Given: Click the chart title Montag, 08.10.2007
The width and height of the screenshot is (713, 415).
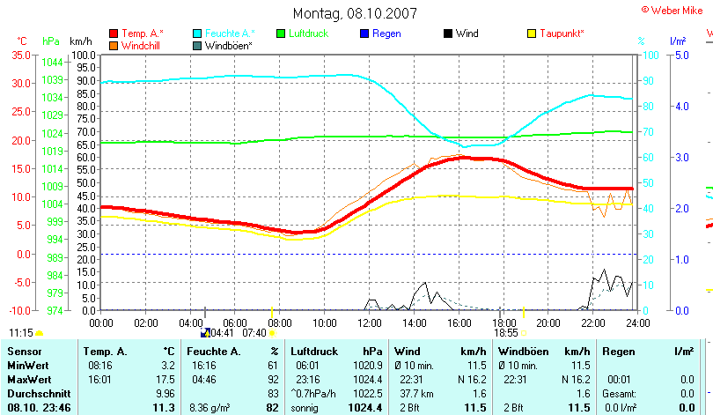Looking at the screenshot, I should pos(355,13).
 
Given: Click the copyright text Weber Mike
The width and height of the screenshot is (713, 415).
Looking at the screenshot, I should pos(677,8).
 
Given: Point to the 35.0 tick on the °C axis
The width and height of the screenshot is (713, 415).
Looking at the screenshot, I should pos(20,55).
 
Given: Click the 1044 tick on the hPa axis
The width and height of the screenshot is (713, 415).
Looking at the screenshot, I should pos(52,62).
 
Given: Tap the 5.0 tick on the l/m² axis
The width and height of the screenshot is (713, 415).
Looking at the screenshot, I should pos(680,55).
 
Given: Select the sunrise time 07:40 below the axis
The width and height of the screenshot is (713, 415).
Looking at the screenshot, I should pos(254,333).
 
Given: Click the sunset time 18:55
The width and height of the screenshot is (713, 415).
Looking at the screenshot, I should pos(505,333).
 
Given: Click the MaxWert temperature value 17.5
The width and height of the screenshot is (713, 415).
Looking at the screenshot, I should pos(165,378).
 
